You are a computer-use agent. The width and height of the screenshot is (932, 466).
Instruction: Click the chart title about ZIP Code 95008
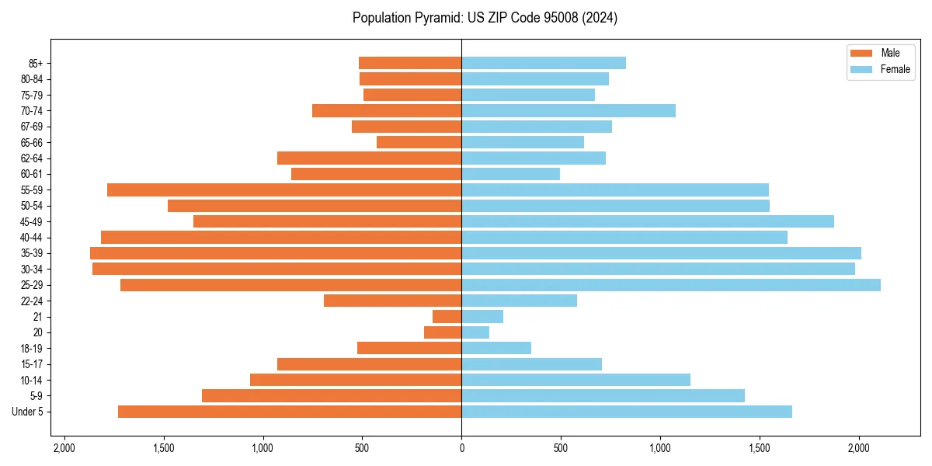tap(485, 18)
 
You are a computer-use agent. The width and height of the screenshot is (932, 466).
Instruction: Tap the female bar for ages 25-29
tap(671, 285)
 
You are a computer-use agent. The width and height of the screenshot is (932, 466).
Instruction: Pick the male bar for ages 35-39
tap(276, 253)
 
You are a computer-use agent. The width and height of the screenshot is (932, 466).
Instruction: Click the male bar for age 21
tap(447, 317)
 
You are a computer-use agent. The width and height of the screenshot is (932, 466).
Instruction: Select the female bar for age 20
tap(475, 332)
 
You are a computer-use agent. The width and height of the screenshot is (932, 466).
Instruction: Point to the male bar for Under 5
tap(290, 412)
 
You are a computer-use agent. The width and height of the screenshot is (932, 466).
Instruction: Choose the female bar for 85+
tap(544, 63)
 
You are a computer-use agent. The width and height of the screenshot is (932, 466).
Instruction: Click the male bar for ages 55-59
tap(284, 190)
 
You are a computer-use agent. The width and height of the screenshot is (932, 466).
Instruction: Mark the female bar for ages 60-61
tap(510, 174)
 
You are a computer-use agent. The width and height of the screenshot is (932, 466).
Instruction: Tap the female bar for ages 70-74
tap(569, 110)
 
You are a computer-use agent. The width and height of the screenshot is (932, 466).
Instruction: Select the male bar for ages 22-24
tap(393, 301)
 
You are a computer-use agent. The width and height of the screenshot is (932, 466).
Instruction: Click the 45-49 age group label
tap(32, 221)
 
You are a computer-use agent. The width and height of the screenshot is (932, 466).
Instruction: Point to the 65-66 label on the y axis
tap(32, 142)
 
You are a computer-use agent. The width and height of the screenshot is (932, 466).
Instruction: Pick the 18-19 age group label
tap(32, 349)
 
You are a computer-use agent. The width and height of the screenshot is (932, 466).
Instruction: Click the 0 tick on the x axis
tap(461, 448)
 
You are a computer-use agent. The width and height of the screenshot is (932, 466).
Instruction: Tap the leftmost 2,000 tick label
tap(64, 448)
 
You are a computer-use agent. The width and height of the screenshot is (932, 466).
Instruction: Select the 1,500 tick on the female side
tap(760, 448)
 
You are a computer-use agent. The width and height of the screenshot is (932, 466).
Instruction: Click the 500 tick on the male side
tap(362, 448)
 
